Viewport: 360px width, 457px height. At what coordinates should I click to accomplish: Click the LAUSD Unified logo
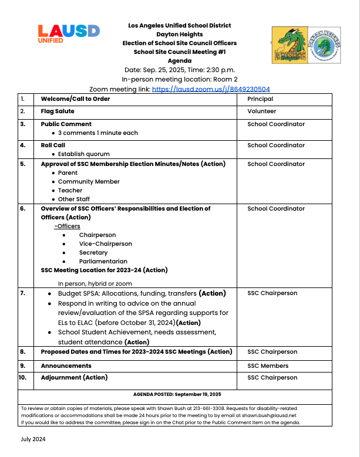[68, 34]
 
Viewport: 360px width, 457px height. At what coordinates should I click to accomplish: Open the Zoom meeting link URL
[211, 89]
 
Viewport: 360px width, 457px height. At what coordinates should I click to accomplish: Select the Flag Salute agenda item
[57, 111]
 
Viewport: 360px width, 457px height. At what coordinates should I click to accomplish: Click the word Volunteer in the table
[262, 111]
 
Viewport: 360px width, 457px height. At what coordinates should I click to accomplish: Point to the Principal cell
[260, 99]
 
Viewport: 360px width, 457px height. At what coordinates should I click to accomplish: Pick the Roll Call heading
[53, 145]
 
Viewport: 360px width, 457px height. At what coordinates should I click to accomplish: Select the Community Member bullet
[89, 182]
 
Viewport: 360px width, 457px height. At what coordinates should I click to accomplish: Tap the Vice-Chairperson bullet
[106, 243]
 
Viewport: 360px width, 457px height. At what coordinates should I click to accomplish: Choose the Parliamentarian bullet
[103, 261]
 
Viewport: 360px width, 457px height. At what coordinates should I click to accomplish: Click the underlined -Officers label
[67, 226]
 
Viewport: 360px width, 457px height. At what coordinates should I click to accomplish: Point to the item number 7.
[23, 293]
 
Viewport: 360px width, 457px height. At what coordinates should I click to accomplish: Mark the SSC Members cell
[268, 365]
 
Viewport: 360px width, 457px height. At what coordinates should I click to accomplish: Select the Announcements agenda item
[66, 365]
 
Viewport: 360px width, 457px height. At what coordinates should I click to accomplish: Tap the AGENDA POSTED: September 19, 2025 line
[177, 394]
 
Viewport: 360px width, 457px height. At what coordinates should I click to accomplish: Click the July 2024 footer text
[33, 439]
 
